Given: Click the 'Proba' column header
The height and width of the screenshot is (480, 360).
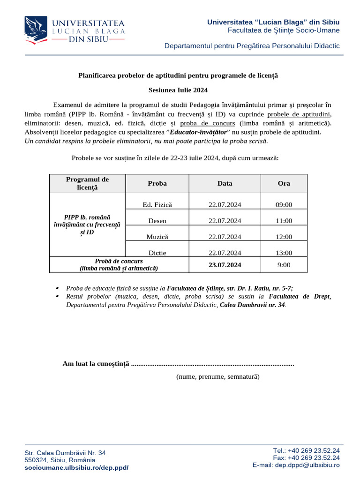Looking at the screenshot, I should pyautogui.click(x=157, y=183).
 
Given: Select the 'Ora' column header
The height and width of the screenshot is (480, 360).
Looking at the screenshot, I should pyautogui.click(x=284, y=183).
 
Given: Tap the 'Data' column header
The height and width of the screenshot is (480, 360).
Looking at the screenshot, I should pyautogui.click(x=225, y=183).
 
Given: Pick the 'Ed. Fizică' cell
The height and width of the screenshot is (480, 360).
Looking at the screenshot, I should pyautogui.click(x=157, y=205).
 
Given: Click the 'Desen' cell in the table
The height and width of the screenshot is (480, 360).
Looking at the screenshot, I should pyautogui.click(x=157, y=221).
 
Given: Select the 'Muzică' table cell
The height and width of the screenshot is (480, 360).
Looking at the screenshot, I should pyautogui.click(x=157, y=237).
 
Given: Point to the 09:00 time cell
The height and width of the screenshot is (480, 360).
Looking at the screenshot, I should pyautogui.click(x=284, y=205).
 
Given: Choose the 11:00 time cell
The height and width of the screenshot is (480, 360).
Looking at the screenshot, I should pyautogui.click(x=284, y=221).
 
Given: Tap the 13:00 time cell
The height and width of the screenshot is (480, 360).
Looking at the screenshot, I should pyautogui.click(x=284, y=253).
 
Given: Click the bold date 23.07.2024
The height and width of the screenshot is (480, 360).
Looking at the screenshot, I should pyautogui.click(x=225, y=265).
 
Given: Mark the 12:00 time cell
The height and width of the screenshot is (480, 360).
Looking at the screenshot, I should pyautogui.click(x=284, y=237).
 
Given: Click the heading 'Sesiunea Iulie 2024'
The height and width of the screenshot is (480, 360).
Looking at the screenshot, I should pyautogui.click(x=178, y=90).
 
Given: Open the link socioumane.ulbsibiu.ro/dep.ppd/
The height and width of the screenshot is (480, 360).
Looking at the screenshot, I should pyautogui.click(x=76, y=468).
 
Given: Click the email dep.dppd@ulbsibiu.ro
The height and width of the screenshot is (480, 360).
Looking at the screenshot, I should pyautogui.click(x=296, y=465).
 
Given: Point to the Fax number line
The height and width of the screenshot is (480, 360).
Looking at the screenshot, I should pyautogui.click(x=306, y=457).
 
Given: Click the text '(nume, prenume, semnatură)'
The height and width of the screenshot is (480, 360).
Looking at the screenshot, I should pyautogui.click(x=217, y=376).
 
